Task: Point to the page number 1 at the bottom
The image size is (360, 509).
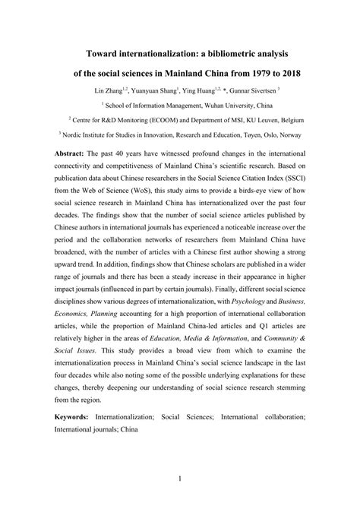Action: click(x=179, y=478)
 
